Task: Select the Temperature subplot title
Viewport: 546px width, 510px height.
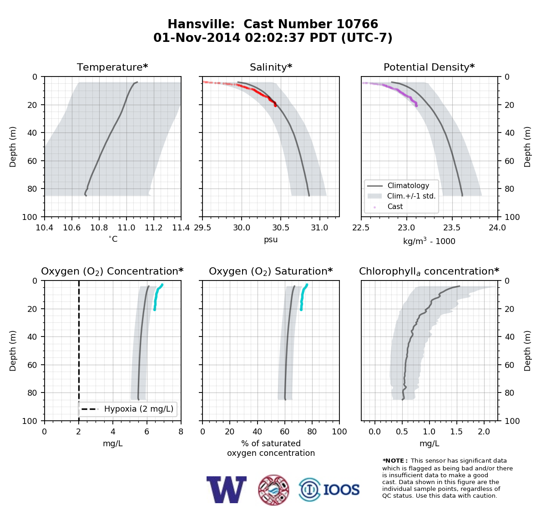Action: (112, 67)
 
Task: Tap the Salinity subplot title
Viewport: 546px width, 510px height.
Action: (271, 67)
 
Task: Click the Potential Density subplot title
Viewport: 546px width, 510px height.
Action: (429, 67)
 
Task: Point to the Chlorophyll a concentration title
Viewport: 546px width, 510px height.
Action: (429, 271)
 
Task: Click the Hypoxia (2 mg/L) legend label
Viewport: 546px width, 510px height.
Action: (139, 409)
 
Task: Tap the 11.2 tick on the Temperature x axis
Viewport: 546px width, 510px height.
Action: (154, 228)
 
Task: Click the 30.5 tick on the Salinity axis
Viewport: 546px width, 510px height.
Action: (280, 228)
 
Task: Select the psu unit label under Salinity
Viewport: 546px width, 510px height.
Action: (271, 240)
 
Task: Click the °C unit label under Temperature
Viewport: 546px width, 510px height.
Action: (113, 239)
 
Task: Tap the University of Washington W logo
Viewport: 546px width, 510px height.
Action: (227, 490)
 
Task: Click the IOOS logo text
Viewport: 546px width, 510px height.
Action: (342, 490)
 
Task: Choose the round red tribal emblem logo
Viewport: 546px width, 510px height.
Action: (273, 490)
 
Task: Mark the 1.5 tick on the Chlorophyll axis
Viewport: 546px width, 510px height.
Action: (456, 432)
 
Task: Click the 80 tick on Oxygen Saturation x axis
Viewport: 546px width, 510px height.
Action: (312, 432)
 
